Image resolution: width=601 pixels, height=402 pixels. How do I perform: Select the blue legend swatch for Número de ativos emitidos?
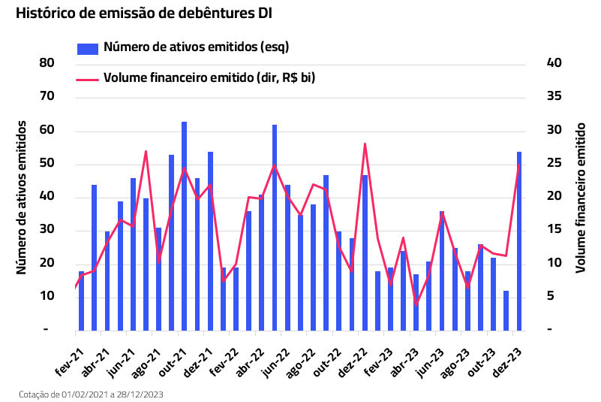coord(88,49)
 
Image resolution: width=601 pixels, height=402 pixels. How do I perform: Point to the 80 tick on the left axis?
coord(47,63)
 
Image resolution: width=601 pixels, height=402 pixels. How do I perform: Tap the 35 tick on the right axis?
coord(554,97)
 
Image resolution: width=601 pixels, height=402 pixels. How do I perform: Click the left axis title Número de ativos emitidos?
coord(22,197)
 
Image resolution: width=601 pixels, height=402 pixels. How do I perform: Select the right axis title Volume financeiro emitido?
coord(581,197)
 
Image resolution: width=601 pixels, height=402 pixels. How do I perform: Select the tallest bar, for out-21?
coord(184,225)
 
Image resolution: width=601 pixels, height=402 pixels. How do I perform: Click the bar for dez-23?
coord(518,240)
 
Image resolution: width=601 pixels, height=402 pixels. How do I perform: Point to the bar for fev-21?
coord(81,301)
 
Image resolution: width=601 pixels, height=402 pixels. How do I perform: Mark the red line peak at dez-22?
coord(365,144)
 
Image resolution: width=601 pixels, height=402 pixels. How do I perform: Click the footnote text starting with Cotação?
coord(91,394)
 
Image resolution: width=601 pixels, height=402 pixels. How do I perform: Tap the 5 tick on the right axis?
coord(551,296)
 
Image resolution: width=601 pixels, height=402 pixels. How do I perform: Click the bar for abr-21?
coord(95,257)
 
